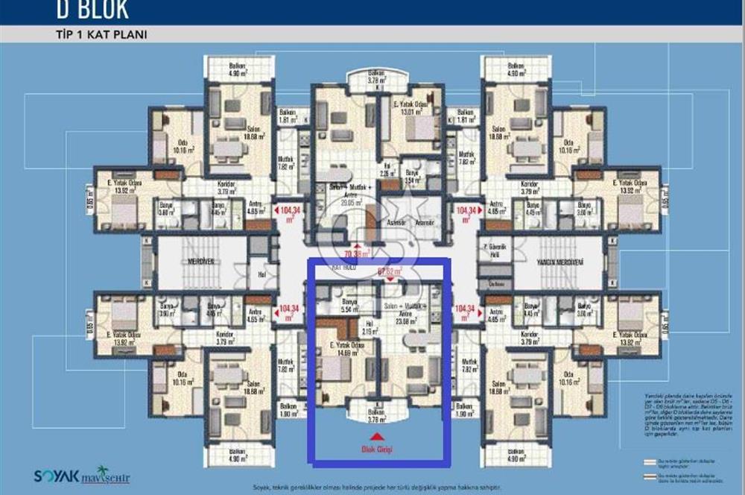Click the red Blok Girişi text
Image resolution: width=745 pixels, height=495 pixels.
(378, 449)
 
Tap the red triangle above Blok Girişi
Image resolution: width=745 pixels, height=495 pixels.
(378, 436)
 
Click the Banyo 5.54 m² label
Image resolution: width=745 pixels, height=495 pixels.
(349, 306)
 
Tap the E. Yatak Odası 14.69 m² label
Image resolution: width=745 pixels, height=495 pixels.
(347, 349)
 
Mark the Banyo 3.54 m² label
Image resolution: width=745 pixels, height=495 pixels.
(413, 177)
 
